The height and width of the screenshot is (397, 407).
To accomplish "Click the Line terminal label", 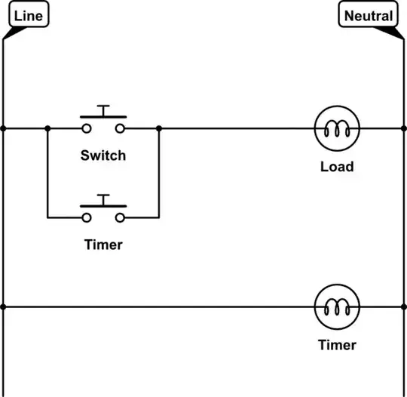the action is pos(29,14).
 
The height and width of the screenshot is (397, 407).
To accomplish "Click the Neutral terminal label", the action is pos(368,14).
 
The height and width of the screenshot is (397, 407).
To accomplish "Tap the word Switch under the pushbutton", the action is pos(103,155).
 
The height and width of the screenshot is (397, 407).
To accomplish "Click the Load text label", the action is pos(337,167).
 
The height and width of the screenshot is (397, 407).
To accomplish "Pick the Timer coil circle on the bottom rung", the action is pos(337,285).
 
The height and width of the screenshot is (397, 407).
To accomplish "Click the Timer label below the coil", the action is pos(337,345).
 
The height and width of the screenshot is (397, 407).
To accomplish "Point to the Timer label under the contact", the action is pos(103,245).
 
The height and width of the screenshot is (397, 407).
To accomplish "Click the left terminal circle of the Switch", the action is pos(87,129).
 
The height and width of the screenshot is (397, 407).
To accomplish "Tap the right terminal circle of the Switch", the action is pos(120,129).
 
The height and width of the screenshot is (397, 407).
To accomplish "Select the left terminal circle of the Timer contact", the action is pos(87,218).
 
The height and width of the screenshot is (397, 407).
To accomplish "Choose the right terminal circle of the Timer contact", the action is pos(120,218).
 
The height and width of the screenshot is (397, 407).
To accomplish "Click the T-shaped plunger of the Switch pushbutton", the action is pos(103,112).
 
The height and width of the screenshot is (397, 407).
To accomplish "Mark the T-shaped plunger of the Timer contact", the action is pos(103,201).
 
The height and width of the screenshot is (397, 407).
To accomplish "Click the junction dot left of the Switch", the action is pos(47,128).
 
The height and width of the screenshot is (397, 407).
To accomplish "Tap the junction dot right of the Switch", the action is pos(159,128).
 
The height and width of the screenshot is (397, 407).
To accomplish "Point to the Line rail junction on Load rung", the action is pos(3,128).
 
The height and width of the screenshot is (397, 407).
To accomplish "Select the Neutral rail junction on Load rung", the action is pos(404,128).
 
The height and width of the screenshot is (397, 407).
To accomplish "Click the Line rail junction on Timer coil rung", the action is pos(3,307).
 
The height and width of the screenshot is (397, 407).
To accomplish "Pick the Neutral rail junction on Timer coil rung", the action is pos(404,307).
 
